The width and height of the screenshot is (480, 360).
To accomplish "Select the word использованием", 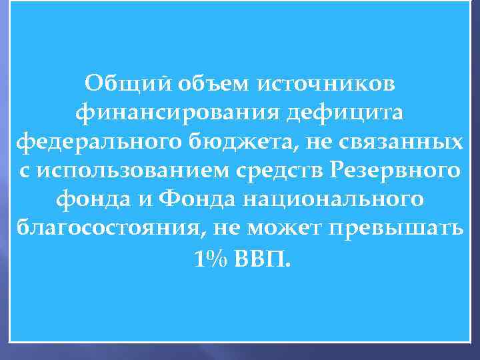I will (131, 171).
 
